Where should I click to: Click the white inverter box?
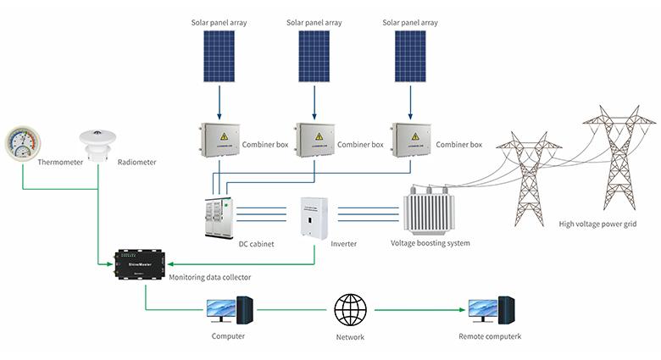click(314, 217)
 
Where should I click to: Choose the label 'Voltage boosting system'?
click(430, 243)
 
